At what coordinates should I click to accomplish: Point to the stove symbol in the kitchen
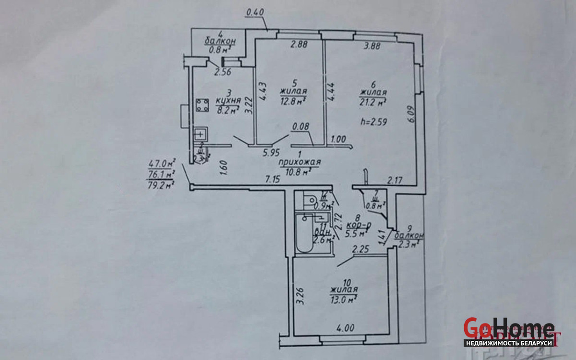pos(203,105)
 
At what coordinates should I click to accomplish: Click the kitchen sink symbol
pos(200,134)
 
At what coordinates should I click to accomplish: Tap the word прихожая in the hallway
pos(300,163)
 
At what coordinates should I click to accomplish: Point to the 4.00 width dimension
pos(345,329)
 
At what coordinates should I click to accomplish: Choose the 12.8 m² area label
pos(293,100)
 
